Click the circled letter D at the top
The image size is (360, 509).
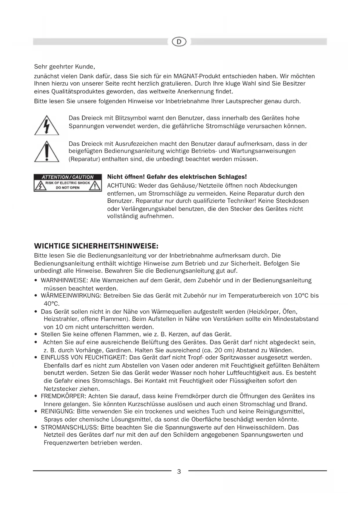(179, 42)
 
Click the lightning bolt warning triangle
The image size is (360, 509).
(46, 126)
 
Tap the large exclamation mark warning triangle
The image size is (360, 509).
(47, 151)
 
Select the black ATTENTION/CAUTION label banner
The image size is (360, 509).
(68, 177)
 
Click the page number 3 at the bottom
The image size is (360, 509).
(179, 471)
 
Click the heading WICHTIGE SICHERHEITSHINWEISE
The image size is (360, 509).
(96, 246)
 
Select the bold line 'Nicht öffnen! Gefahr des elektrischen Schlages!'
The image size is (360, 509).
(177, 177)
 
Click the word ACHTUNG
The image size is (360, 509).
(122, 185)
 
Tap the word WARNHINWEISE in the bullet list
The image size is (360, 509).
(64, 280)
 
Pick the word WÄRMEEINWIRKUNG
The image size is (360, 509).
(70, 296)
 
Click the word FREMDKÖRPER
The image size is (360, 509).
(63, 396)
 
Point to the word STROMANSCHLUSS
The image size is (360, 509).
(69, 427)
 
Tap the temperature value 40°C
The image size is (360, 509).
(51, 304)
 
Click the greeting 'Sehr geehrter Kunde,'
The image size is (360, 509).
(64, 67)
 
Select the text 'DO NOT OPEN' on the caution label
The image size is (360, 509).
(68, 188)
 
